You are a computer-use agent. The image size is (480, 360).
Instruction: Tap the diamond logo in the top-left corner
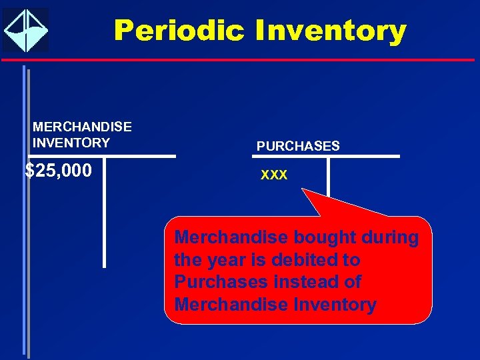pyautogui.click(x=25, y=30)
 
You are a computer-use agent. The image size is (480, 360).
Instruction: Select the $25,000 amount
pyautogui.click(x=59, y=171)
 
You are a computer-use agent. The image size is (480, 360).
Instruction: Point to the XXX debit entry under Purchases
pyautogui.click(x=274, y=175)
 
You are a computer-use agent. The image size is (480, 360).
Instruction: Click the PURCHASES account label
pyautogui.click(x=298, y=146)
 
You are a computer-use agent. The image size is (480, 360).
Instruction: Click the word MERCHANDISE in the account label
pyautogui.click(x=82, y=127)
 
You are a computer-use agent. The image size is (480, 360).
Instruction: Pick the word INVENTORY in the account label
pyautogui.click(x=71, y=143)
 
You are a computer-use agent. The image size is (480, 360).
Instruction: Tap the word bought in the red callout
pyautogui.click(x=321, y=237)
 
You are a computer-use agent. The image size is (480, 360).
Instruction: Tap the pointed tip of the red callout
pyautogui.click(x=304, y=191)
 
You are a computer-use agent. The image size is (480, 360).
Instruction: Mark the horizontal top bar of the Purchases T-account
pyautogui.click(x=326, y=157)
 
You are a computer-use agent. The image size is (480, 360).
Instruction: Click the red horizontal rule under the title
pyautogui.click(x=240, y=60)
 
